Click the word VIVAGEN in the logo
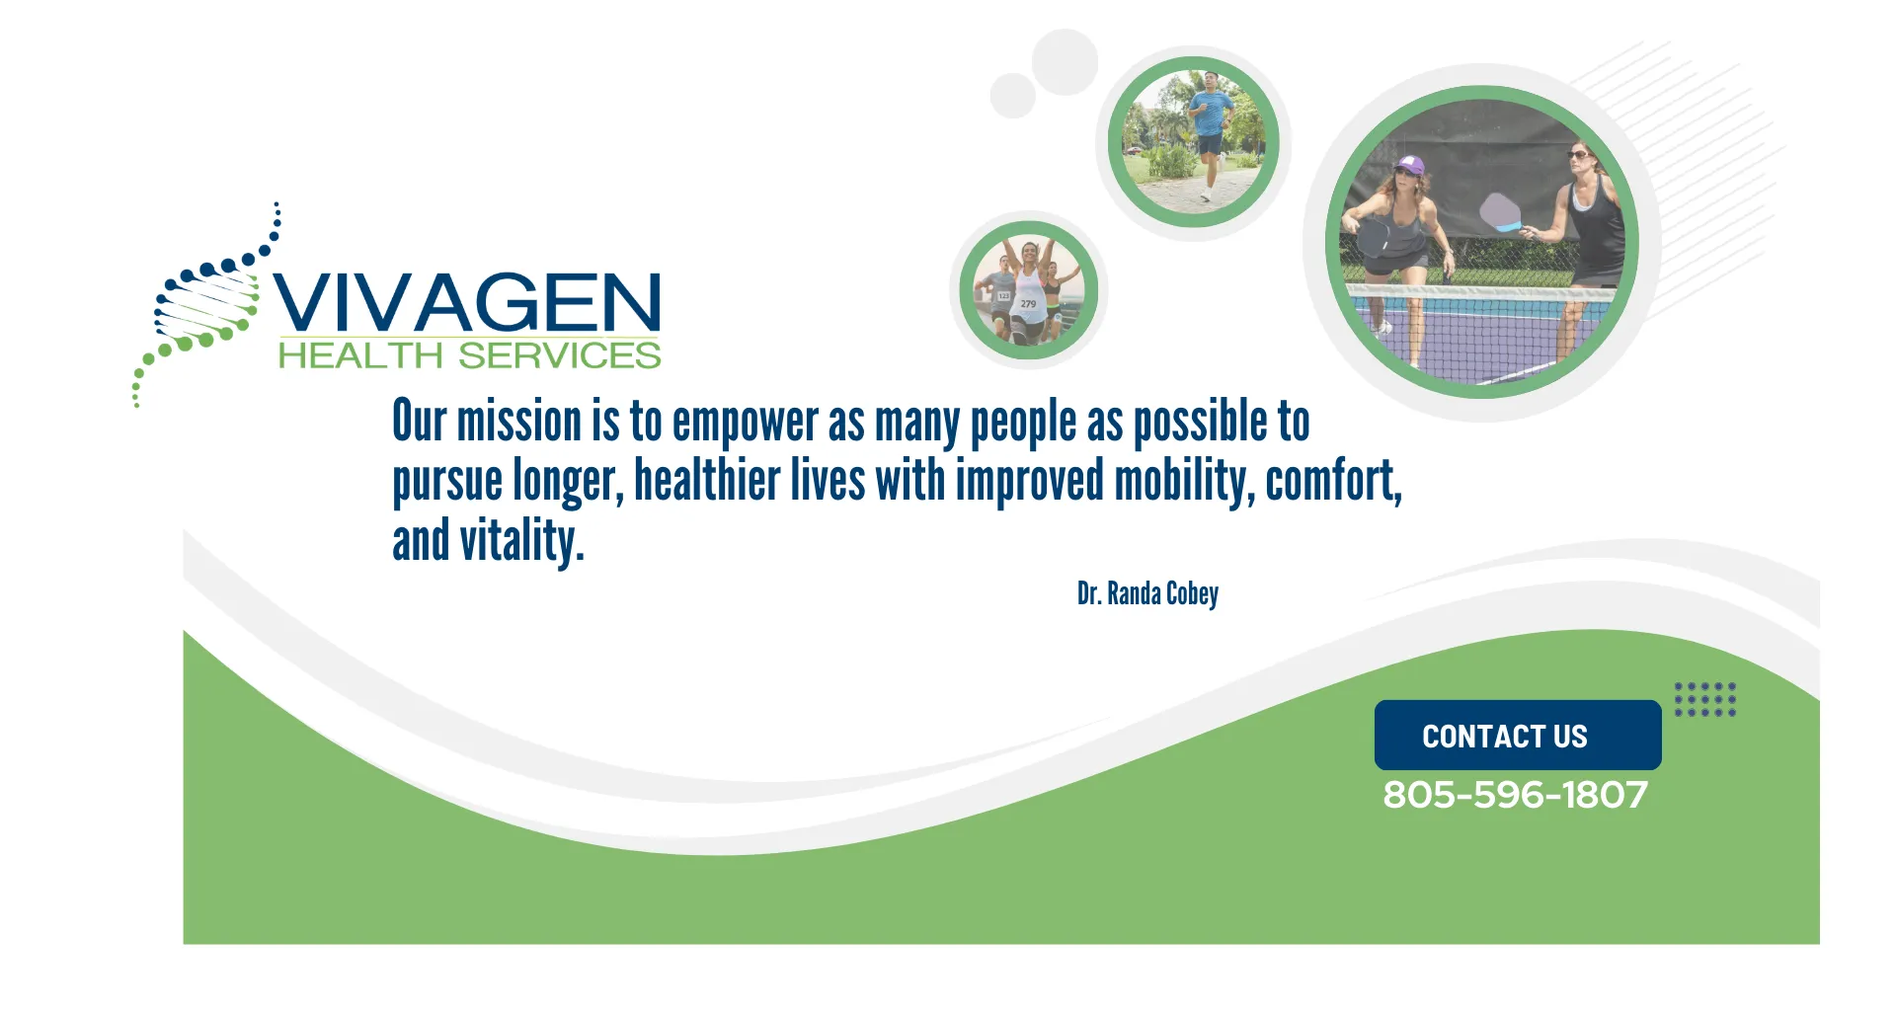467,301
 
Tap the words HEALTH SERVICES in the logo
470,355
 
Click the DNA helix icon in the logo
206,305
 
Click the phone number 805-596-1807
1516,795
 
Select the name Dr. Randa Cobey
1147,593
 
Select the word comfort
1334,482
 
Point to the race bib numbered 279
1028,304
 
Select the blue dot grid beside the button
1705,699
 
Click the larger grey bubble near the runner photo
1065,61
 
